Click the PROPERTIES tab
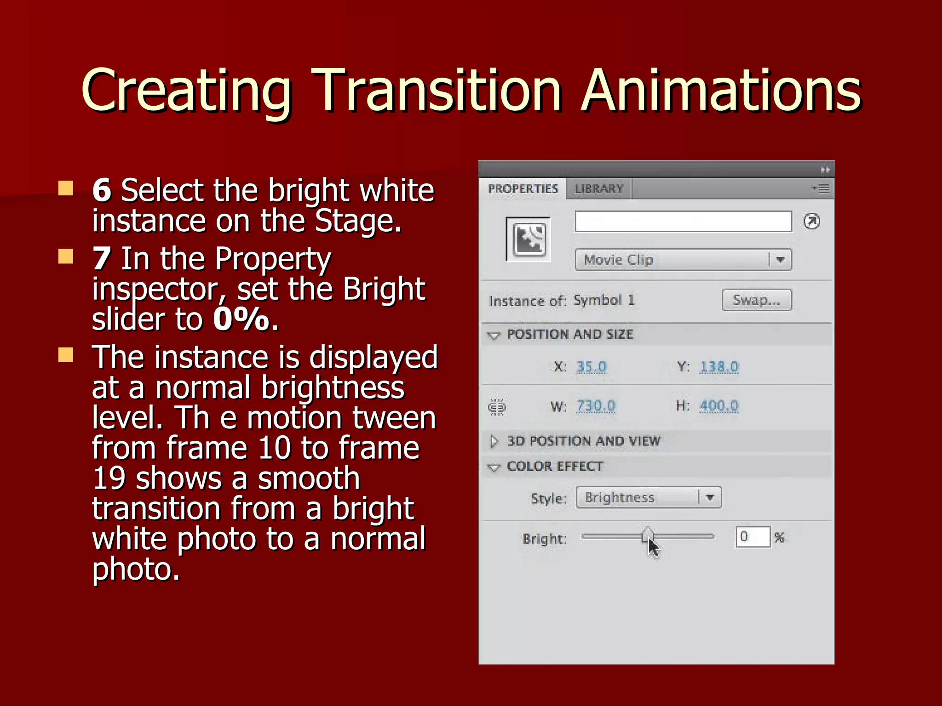pyautogui.click(x=523, y=189)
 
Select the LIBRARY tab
pyautogui.click(x=599, y=189)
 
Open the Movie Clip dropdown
pyautogui.click(x=683, y=260)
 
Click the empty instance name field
pyautogui.click(x=683, y=222)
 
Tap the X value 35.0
pyautogui.click(x=592, y=367)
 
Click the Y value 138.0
pyautogui.click(x=719, y=367)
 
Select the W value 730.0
pyautogui.click(x=596, y=406)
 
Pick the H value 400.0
pyautogui.click(x=719, y=406)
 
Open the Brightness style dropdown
pyautogui.click(x=649, y=497)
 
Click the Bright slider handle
pyautogui.click(x=648, y=535)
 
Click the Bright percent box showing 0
pyautogui.click(x=752, y=537)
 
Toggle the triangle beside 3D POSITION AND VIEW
pyautogui.click(x=494, y=441)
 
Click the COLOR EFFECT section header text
pyautogui.click(x=555, y=467)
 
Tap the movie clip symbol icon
pyautogui.click(x=528, y=239)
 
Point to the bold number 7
pyautogui.click(x=102, y=259)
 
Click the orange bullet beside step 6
pyautogui.click(x=66, y=188)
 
